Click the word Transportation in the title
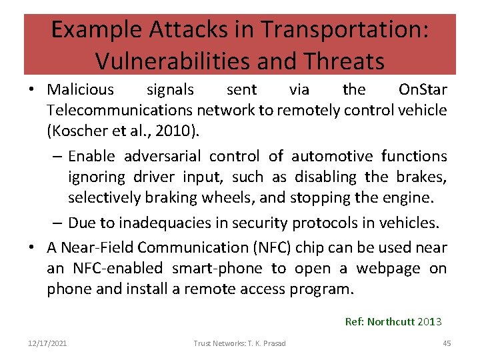tap(345, 30)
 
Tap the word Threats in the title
tap(343, 61)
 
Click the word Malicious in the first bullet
tap(81, 89)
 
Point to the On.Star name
tap(422, 89)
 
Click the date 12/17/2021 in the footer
tap(47, 343)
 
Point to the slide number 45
tap(447, 343)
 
